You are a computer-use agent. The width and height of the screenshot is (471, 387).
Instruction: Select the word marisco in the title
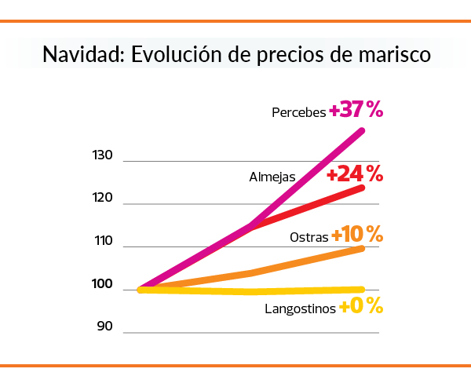390,56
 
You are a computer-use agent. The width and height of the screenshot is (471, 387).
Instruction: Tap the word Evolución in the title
174,56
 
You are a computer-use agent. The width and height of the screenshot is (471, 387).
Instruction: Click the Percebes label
298,112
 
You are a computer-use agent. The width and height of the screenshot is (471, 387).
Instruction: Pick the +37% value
356,111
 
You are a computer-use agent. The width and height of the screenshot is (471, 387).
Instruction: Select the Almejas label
272,177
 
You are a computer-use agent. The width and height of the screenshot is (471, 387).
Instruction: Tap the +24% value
355,173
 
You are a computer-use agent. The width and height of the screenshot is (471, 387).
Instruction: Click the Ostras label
309,237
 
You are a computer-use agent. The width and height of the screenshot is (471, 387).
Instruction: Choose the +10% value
357,235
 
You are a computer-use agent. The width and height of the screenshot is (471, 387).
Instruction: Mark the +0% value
361,306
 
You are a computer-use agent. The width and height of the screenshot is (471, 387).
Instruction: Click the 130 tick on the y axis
103,156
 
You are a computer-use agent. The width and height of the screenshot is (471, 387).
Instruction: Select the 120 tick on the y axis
103,199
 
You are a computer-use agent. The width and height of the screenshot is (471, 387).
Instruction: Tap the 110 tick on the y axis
103,243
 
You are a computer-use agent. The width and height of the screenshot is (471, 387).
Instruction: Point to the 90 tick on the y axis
106,326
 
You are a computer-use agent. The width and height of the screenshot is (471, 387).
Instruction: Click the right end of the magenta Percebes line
362,130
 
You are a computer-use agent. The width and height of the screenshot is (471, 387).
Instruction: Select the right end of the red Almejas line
362,188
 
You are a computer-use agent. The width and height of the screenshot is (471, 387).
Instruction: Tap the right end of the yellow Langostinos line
362,290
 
